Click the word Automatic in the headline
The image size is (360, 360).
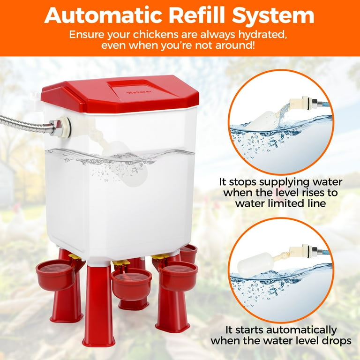click(103, 15)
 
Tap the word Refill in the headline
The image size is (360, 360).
click(197, 15)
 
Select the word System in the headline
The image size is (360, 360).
click(273, 16)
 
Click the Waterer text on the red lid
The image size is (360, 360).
click(139, 92)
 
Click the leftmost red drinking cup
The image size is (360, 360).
click(56, 276)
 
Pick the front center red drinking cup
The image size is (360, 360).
click(131, 284)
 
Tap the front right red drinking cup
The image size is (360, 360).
click(178, 276)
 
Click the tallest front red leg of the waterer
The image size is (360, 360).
click(99, 305)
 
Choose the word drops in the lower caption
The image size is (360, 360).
click(337, 341)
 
